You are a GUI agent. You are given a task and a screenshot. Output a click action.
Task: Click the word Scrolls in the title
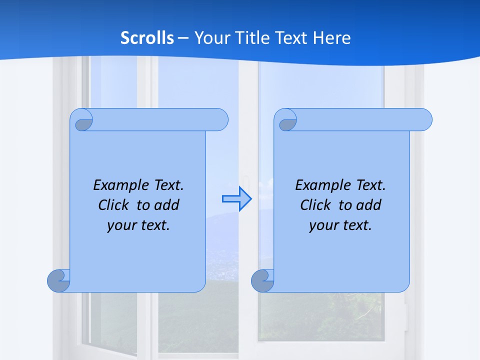coord(147,38)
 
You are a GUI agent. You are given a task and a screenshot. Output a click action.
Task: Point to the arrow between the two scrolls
coord(236,199)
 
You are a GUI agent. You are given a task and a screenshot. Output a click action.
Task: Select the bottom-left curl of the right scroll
coord(263,280)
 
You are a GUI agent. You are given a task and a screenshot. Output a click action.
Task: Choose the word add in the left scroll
coord(168,205)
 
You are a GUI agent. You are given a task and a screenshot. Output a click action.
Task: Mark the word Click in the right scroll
coord(315,205)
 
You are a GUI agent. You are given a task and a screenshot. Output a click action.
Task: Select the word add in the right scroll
coord(370,205)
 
